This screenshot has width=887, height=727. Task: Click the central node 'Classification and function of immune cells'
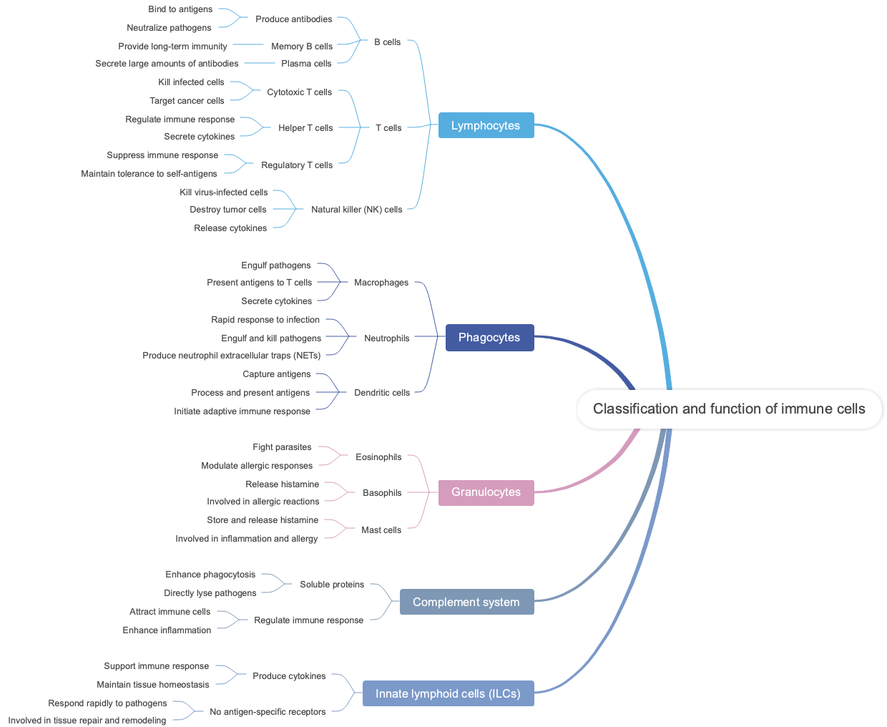coord(729,409)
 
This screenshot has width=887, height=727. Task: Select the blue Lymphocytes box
coord(486,125)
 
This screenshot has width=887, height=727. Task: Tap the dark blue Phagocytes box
coord(489,337)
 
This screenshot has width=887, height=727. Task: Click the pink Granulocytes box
coord(486,492)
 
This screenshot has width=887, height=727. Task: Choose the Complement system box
coord(466,602)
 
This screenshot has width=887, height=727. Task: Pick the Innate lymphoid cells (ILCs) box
coord(448,693)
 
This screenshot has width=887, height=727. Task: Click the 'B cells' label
coord(387,42)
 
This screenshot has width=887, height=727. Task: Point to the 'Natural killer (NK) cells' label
coord(356,210)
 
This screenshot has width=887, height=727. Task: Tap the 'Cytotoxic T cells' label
coord(299,92)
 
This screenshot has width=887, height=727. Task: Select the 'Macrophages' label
coord(381,283)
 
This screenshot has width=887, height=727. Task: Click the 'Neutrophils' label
coord(386,338)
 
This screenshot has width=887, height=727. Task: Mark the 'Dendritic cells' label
coord(382,393)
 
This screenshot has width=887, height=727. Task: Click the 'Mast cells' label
coord(381,530)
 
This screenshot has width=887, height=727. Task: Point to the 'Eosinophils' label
coord(378,457)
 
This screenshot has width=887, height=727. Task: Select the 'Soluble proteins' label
coord(332,585)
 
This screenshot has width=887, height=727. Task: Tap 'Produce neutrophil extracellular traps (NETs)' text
coord(231,356)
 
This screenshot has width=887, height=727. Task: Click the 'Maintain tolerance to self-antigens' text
coord(149,174)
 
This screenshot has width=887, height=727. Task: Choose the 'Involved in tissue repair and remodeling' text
coord(87,721)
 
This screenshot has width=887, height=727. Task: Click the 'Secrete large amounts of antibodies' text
coord(167,64)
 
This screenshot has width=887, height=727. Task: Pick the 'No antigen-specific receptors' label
coord(268,712)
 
